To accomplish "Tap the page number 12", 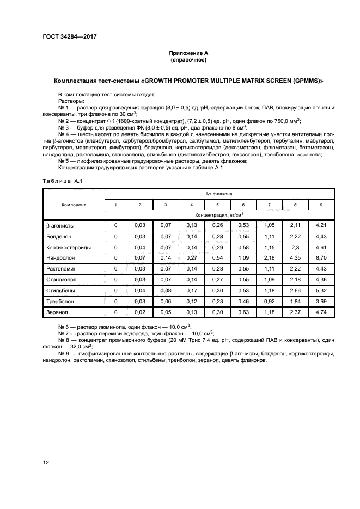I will (x=46, y=462).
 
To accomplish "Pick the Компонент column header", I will (x=74, y=204).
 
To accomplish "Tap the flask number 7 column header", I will (x=269, y=205).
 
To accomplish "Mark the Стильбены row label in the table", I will (x=58, y=290).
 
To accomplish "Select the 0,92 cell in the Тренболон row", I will (x=269, y=301).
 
